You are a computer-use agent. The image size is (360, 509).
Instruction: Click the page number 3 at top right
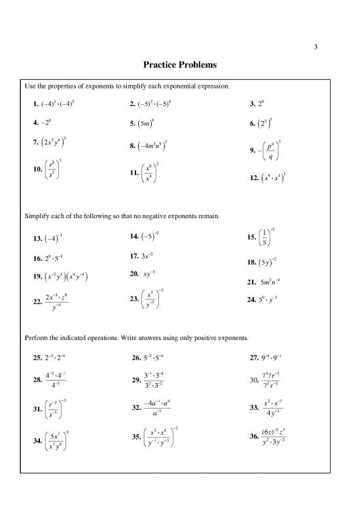pos(315,47)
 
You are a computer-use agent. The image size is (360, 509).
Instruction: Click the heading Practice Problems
pos(180,66)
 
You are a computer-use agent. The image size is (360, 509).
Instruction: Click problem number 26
pos(136,358)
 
